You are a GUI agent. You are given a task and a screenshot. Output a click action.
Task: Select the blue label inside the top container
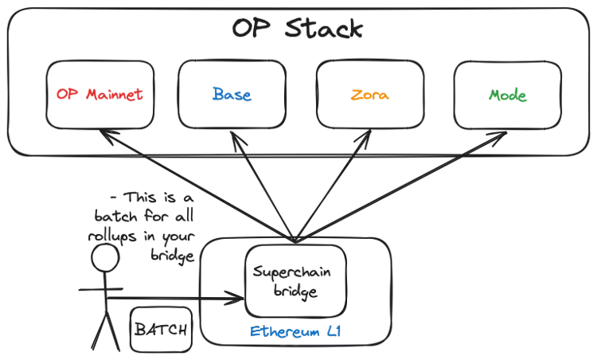click(x=232, y=94)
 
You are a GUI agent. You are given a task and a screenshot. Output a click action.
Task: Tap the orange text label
click(x=370, y=96)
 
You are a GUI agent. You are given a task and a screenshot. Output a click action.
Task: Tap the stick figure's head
click(x=101, y=253)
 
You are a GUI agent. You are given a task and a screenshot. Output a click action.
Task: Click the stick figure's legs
click(x=101, y=331)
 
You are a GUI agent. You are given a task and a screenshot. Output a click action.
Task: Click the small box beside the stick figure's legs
click(x=159, y=327)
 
